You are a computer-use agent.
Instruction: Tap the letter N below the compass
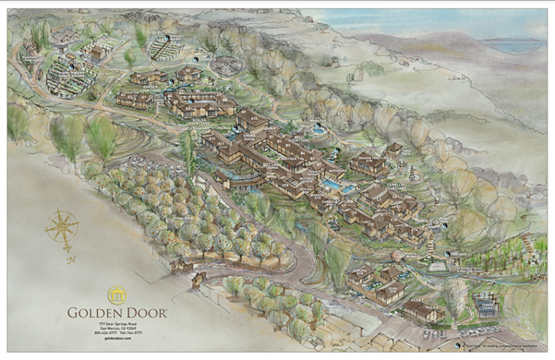[69, 257]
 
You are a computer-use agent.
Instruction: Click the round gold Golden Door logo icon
[117, 295]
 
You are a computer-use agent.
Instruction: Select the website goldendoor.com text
[117, 338]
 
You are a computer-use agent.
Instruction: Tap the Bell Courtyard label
[297, 137]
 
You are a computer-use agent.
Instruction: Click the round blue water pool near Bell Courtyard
[318, 131]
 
